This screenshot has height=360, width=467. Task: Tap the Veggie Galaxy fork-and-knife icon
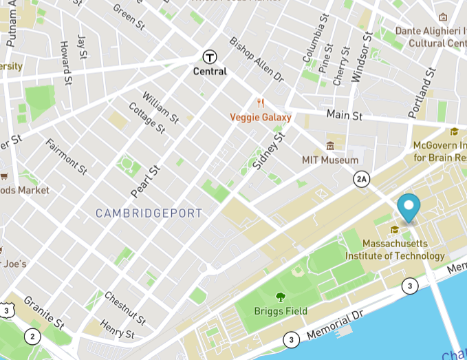pos(260,104)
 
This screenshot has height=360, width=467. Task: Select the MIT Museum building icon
pos(330,147)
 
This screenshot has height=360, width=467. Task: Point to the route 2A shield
pos(362,180)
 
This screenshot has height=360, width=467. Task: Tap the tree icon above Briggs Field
pos(281,297)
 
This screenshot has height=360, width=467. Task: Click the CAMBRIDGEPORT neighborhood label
pos(149,213)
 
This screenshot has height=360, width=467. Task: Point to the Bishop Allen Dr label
pos(256,60)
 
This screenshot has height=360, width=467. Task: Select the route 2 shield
pos(32,337)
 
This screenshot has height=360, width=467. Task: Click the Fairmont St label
pos(66,156)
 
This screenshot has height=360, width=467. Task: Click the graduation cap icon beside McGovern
pos(454,132)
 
